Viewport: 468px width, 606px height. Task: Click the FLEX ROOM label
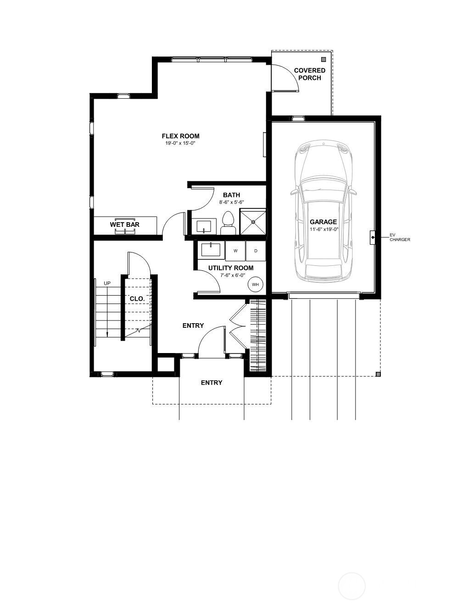point(181,136)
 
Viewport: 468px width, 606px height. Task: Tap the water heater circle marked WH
point(255,285)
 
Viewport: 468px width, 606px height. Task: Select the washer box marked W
point(235,251)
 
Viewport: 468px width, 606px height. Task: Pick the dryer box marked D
point(256,251)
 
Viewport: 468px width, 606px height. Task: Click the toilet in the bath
point(228,223)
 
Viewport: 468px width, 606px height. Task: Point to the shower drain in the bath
point(253,222)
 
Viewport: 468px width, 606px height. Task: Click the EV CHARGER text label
point(400,238)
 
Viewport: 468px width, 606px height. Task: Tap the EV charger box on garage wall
point(373,238)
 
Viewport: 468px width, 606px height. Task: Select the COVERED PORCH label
point(310,74)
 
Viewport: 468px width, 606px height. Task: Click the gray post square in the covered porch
point(323,59)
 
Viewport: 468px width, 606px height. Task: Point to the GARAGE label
point(323,222)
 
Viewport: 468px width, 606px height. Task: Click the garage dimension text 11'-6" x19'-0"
point(324,230)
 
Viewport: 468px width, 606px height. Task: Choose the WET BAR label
point(125,224)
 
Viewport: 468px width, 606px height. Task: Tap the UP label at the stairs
point(107,283)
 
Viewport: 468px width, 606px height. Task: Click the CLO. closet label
point(137,299)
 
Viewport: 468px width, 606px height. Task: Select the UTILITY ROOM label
point(231,268)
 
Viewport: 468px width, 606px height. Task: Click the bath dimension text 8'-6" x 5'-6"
point(232,202)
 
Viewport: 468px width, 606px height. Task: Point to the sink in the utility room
point(211,249)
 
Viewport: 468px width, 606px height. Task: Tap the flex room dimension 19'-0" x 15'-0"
point(180,144)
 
